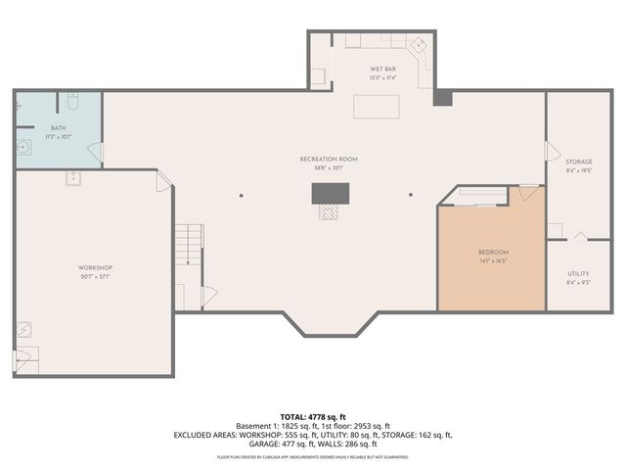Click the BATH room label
[x=58, y=128]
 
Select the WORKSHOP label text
[x=95, y=267]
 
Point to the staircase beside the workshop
[x=189, y=244]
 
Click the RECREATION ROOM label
[x=329, y=159]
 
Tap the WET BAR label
[x=382, y=70]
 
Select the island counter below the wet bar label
[x=377, y=106]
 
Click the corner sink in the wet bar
[x=419, y=45]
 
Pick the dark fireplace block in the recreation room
[x=330, y=193]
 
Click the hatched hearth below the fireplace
[x=330, y=211]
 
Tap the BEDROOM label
[x=492, y=253]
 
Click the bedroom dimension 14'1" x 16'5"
[x=492, y=261]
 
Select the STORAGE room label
[x=579, y=162]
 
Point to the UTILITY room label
[x=578, y=274]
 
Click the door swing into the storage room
[x=552, y=152]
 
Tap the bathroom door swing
[x=96, y=152]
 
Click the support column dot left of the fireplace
[x=241, y=194]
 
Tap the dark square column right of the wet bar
[x=442, y=98]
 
